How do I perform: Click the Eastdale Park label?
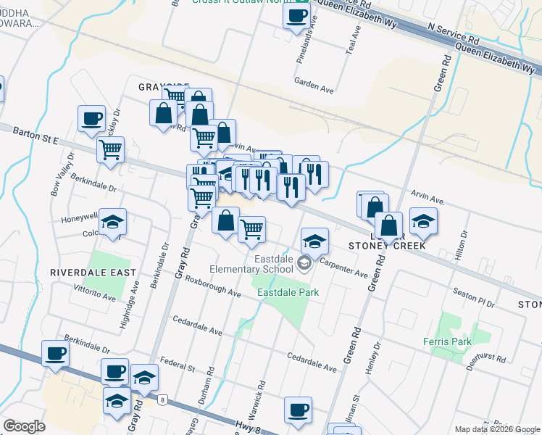point(288,292)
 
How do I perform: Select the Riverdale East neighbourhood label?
point(93,272)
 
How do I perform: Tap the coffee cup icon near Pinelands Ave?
point(296,17)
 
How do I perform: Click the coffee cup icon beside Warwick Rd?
point(298,410)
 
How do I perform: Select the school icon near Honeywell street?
point(113,222)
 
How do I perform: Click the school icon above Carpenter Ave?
point(314,241)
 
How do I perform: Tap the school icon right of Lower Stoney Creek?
point(423,221)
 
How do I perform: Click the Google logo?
point(24,427)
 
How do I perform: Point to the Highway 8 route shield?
point(163,399)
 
